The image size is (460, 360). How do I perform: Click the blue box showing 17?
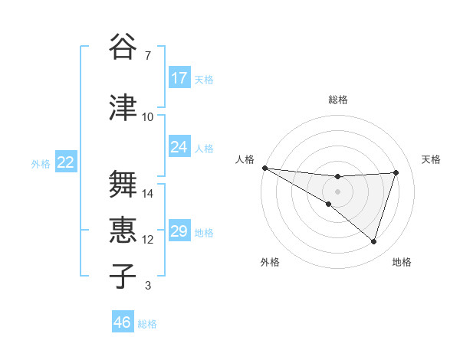pos(179,78)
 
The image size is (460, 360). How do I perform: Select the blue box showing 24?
pos(179,147)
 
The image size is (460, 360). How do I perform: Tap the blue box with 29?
pos(179,231)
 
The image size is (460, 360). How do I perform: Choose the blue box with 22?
pos(66,162)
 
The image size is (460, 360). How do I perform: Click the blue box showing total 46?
pos(123,322)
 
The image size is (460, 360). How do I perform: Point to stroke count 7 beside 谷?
pos(147,56)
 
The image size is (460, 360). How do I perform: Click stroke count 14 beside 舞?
pos(148,194)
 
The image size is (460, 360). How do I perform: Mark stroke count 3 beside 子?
pos(147,286)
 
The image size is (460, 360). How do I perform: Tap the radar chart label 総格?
pos(338,100)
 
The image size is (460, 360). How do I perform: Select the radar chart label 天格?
pos(431,159)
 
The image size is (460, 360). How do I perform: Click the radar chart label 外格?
pos(270,262)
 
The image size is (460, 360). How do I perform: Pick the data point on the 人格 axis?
pos(264,167)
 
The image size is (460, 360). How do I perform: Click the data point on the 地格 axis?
pos(373,241)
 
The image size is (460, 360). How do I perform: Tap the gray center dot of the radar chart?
pos(337,191)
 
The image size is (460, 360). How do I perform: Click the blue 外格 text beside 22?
pos(41,163)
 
